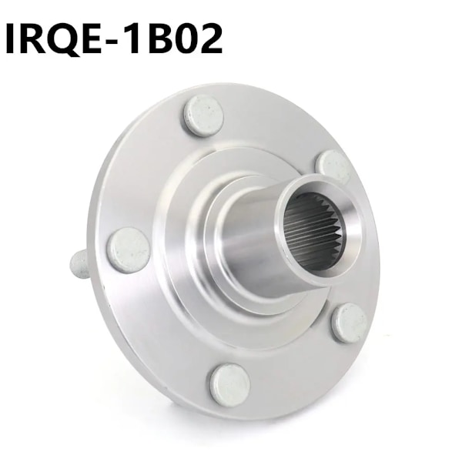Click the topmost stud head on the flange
[203, 115]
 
